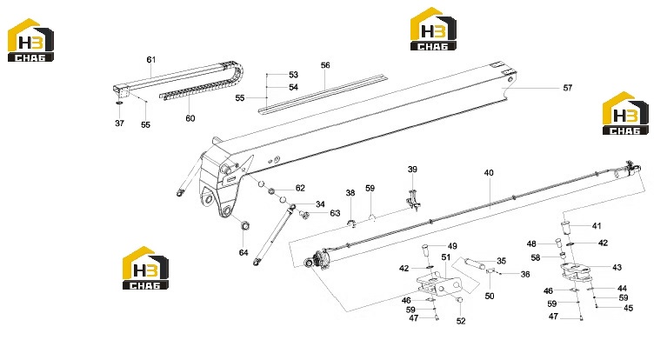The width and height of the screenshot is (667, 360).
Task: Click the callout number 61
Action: tap(151, 60)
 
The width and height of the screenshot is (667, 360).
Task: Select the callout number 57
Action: tap(568, 88)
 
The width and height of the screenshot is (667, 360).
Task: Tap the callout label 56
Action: tap(325, 65)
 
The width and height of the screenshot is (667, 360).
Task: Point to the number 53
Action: tap(294, 75)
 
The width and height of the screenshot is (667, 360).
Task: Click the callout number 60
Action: tap(190, 118)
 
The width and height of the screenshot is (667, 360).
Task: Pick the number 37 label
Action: tap(119, 123)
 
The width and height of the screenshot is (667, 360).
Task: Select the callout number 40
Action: tap(489, 173)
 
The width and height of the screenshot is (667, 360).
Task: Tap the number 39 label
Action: tap(412, 170)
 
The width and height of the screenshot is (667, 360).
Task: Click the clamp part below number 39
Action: tap(413, 200)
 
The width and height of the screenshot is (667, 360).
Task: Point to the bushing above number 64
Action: tap(245, 225)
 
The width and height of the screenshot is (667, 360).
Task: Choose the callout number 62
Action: tap(300, 188)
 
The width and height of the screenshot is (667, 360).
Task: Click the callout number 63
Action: tap(335, 213)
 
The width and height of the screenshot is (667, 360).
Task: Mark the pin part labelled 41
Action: tap(565, 227)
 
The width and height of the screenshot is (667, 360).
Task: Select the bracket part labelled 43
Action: tap(576, 271)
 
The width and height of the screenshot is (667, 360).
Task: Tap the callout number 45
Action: tap(628, 308)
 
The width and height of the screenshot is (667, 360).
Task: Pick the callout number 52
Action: tap(461, 321)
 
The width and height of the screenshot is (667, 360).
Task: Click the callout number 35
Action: tap(502, 261)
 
